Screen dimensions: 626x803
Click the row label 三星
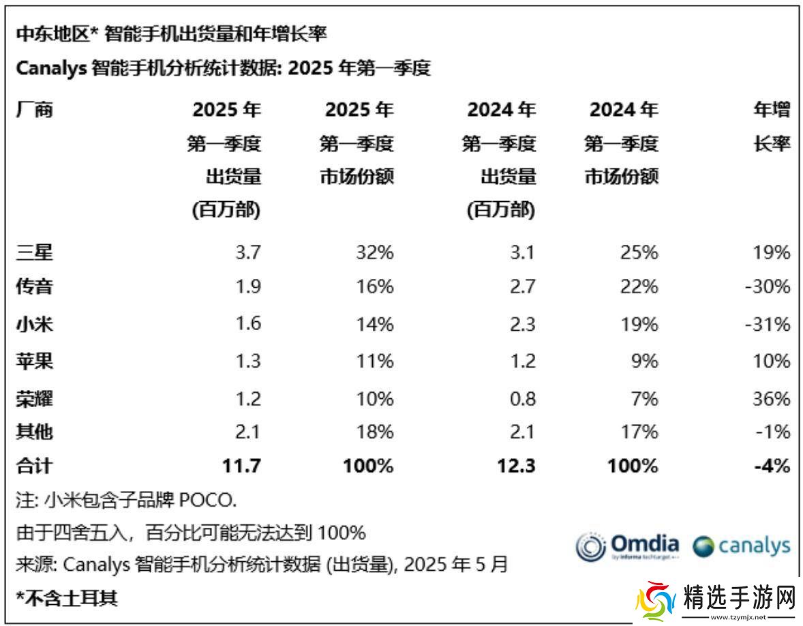pos(34,253)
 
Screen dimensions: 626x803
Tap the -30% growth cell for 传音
pos(767,286)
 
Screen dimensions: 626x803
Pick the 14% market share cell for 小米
pos(374,323)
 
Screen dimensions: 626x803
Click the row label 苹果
pos(34,360)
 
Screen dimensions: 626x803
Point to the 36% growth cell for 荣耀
pos(772,398)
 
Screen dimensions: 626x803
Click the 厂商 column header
pos(34,110)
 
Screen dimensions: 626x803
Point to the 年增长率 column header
pos(772,127)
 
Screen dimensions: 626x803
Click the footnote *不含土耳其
pos(67,598)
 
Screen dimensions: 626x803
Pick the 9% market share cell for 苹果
pos(644,360)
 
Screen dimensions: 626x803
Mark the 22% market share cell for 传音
pos(639,286)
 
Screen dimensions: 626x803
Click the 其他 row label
pos(34,432)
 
